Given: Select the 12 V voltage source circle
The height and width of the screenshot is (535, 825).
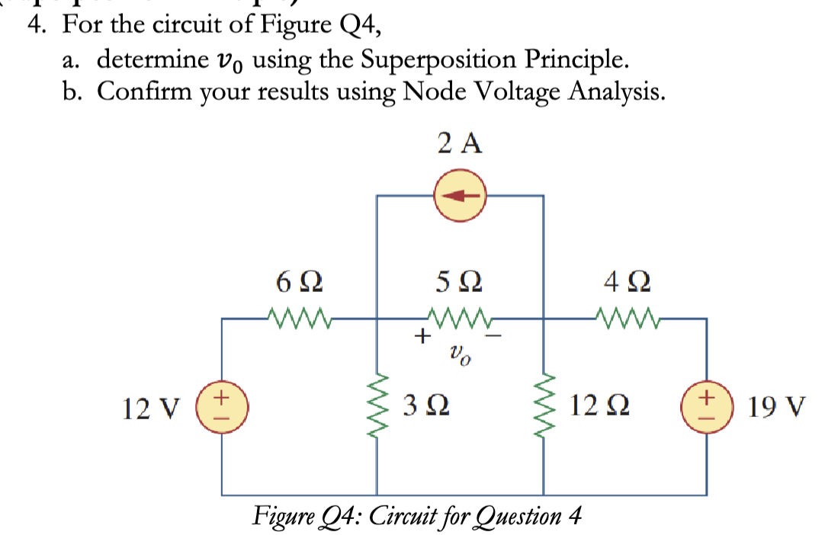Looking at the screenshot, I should coord(223,408).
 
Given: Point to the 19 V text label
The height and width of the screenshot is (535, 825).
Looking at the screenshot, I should coord(775,408).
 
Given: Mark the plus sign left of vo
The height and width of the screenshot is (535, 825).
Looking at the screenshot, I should coord(420,334).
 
